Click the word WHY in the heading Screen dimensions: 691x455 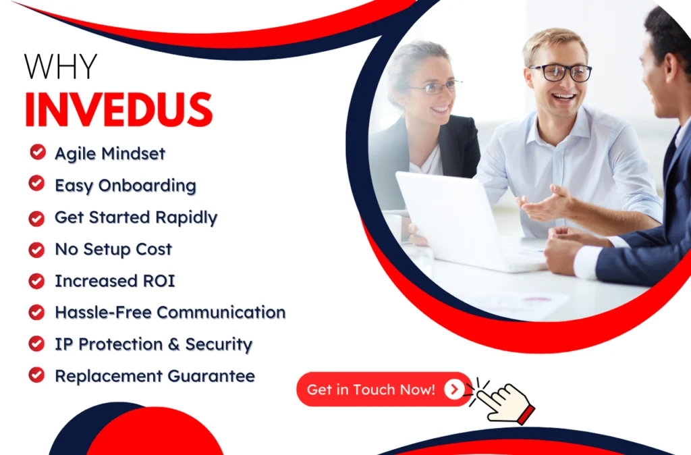tap(60, 67)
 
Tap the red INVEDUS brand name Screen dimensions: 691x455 tap(119, 110)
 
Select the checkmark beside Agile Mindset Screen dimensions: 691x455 tap(38, 152)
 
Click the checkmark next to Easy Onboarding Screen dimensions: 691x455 tap(36, 184)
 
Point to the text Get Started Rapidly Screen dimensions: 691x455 tap(136, 218)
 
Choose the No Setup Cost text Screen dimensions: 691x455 tap(113, 249)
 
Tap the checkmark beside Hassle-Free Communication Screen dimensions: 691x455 tap(36, 312)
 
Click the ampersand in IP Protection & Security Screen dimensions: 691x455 tap(173, 344)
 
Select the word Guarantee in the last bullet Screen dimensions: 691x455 tap(211, 376)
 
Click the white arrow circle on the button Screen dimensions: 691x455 tap(454, 390)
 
